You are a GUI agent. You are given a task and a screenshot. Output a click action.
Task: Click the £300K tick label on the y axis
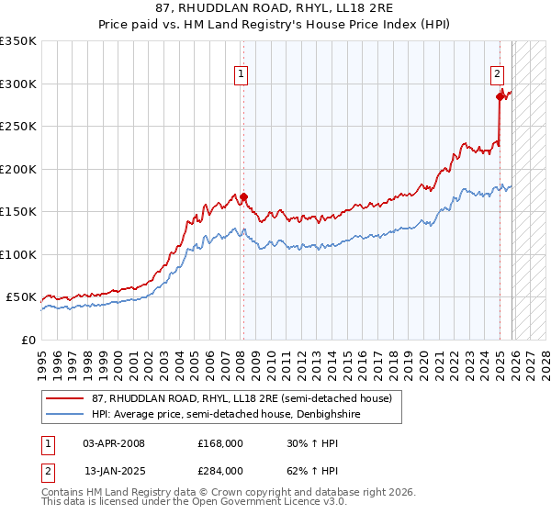18,84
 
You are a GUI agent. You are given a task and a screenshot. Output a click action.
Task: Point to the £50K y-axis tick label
21,297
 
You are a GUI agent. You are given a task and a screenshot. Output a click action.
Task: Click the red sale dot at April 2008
244,196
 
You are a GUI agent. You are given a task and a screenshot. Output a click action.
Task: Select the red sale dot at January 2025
500,96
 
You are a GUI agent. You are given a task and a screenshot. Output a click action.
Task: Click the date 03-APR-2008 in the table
114,443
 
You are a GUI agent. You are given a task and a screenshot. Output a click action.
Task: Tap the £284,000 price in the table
219,470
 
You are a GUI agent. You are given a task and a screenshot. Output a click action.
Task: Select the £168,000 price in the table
219,443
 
